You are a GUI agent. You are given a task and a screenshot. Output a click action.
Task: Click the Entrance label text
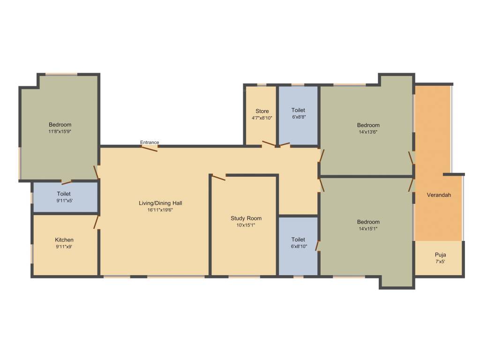pos(150,142)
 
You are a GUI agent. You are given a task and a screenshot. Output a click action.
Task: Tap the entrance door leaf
pos(150,149)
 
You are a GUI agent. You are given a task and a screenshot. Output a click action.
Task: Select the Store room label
pos(262,111)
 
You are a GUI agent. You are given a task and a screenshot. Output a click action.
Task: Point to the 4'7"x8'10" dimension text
pos(262,118)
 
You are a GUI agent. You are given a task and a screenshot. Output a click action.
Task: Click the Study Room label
pos(246,218)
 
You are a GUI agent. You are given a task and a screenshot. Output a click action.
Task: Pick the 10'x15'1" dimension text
pos(246,225)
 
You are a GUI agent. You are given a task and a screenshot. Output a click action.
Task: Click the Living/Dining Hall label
pos(160,203)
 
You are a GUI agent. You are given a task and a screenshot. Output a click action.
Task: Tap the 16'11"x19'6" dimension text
pos(160,210)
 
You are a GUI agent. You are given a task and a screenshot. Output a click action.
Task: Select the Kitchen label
pos(64,240)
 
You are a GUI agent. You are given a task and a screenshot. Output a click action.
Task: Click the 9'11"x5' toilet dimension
pos(64,200)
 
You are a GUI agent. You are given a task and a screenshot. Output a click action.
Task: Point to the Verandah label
pos(439,195)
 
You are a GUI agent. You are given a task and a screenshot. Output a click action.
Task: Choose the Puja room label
pos(440,255)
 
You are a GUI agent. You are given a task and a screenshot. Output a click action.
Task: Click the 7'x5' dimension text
pos(440,261)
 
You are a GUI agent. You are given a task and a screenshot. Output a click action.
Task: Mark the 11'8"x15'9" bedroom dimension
pos(60,132)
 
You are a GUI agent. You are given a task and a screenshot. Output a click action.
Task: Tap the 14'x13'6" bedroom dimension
pos(368,132)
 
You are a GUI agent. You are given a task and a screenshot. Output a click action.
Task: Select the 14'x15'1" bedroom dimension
pos(368,229)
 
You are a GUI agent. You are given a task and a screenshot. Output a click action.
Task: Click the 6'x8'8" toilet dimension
pos(298,117)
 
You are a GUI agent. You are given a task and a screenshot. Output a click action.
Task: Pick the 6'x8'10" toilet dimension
pos(298,246)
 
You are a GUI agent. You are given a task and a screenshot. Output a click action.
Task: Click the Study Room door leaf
pos(218,178)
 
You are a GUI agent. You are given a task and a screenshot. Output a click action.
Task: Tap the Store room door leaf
pos(269,143)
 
